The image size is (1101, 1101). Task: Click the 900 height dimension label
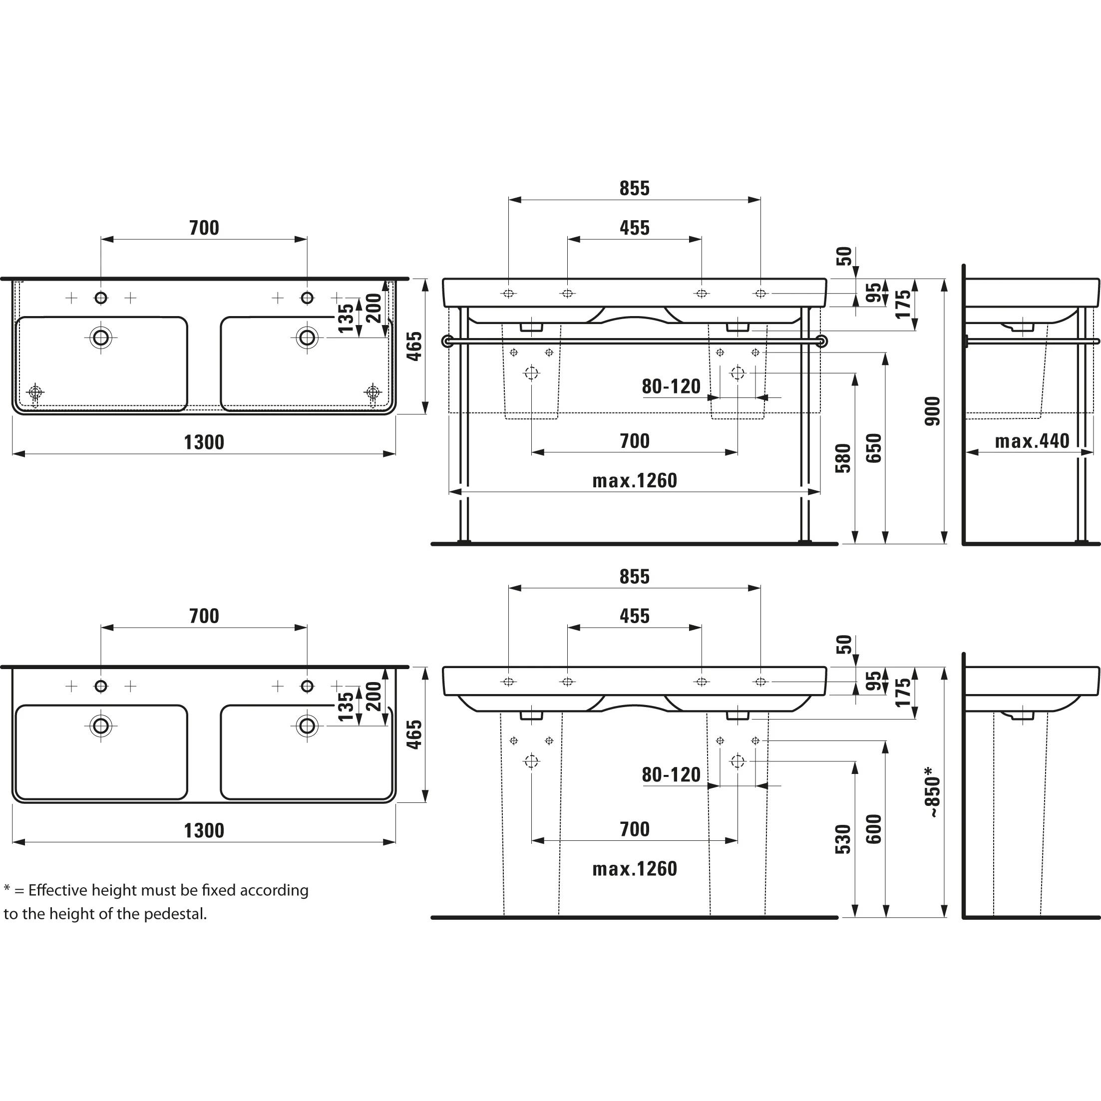point(932,411)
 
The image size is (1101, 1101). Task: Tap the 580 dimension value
point(843,458)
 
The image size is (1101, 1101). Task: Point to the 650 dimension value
point(874,448)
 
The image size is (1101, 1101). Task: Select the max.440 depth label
point(1032,441)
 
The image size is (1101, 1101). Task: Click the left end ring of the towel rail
point(448,342)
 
